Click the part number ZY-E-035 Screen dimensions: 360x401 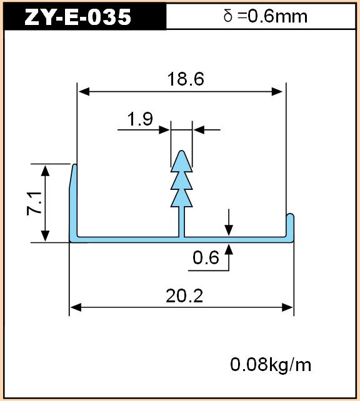point(77,17)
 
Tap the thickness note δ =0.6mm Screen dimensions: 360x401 point(266,16)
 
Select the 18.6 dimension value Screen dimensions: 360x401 point(186,79)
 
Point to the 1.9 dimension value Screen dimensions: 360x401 point(140,119)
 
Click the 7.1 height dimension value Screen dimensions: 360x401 point(34,204)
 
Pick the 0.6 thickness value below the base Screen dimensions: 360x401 point(206,257)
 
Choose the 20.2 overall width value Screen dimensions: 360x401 point(184,296)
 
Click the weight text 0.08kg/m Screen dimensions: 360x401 point(271,365)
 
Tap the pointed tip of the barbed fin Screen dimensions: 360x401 point(182,151)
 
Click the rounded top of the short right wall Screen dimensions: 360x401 point(290,214)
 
